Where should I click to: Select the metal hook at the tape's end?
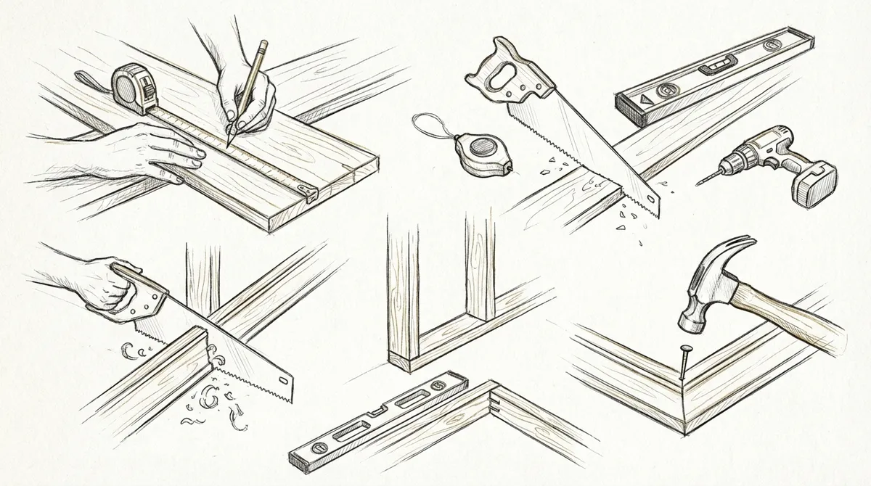[x=311, y=192]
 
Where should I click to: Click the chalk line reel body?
[x=479, y=154]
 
